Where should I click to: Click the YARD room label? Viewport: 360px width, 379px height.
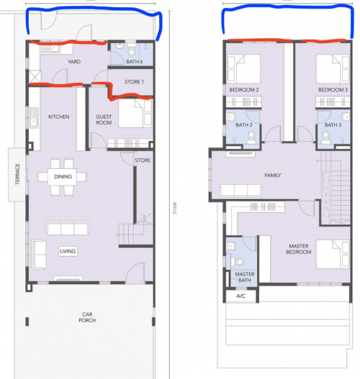point(74,62)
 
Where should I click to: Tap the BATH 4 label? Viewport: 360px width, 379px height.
point(134,62)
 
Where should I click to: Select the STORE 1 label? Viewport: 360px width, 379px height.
point(134,82)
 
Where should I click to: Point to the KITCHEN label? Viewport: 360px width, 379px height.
point(59,117)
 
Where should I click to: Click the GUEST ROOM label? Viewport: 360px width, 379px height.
point(104,119)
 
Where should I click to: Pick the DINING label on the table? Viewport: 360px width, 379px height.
point(63,176)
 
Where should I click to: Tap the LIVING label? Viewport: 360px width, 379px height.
point(68,251)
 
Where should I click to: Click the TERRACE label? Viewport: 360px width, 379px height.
point(17,174)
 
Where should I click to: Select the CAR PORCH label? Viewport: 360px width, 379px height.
point(87,317)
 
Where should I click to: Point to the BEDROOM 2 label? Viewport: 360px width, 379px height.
point(244,90)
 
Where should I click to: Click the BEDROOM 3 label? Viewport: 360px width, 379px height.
point(333,90)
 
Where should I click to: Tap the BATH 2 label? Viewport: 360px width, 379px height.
point(244,124)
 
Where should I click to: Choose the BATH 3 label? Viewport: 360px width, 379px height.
point(333,124)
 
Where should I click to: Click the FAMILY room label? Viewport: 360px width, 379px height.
point(273,175)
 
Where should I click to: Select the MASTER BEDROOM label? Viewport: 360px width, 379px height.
point(299,249)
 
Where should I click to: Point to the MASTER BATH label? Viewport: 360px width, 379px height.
point(245,277)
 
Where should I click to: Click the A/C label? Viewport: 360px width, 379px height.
point(240,296)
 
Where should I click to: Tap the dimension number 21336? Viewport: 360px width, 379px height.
point(175,208)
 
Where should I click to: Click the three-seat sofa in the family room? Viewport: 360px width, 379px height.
point(240,191)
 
